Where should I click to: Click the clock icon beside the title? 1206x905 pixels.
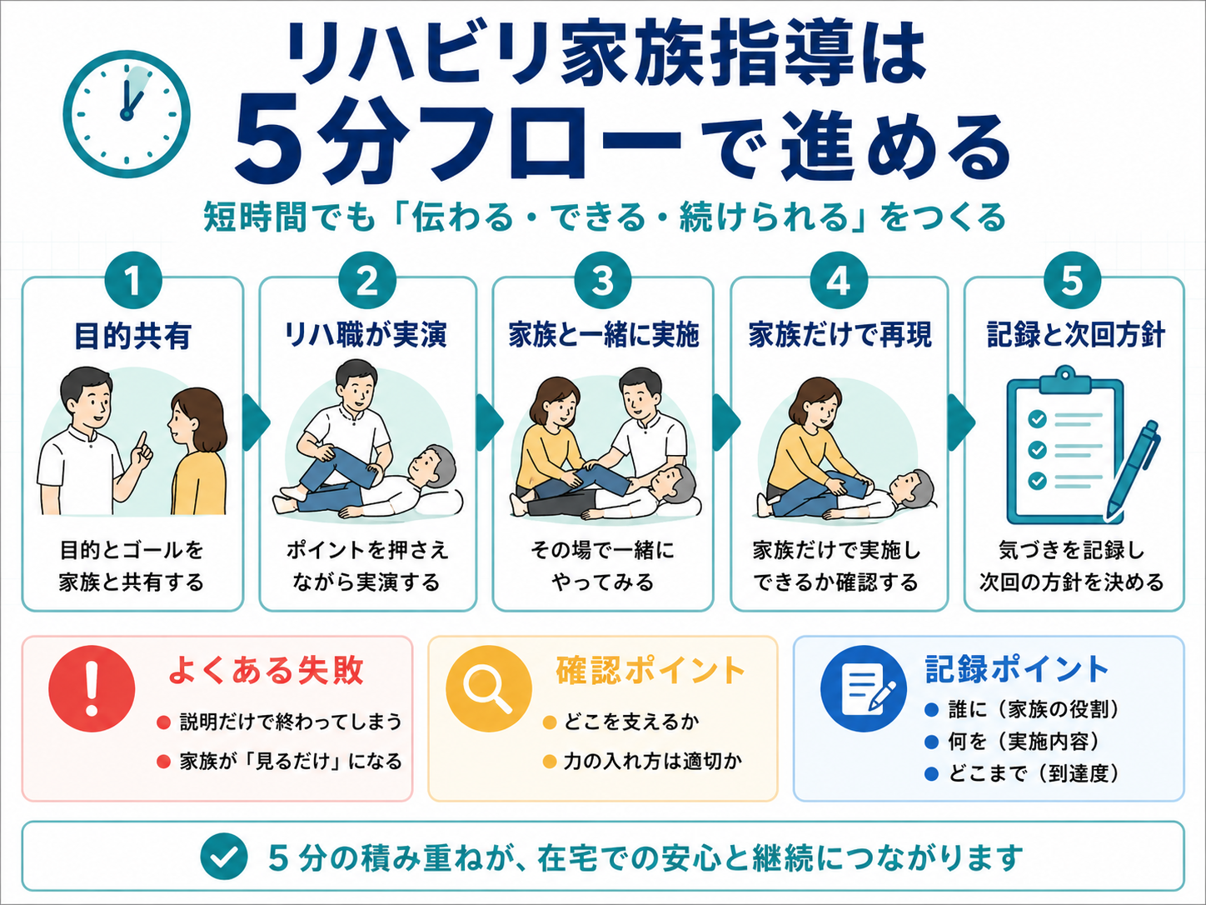pyautogui.click(x=127, y=115)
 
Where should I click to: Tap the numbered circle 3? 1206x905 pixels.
pyautogui.click(x=602, y=282)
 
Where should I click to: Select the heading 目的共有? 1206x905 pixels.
pyautogui.click(x=132, y=336)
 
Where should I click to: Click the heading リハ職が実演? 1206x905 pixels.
pyautogui.click(x=366, y=335)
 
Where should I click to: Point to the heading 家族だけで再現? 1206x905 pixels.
pyautogui.click(x=840, y=335)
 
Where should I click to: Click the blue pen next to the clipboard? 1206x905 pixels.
pyautogui.click(x=1134, y=470)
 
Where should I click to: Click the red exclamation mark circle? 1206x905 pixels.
pyautogui.click(x=92, y=688)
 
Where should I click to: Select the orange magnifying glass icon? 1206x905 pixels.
pyautogui.click(x=488, y=688)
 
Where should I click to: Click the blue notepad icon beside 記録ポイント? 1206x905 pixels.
pyautogui.click(x=863, y=688)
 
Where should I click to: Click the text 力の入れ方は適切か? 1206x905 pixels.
pyautogui.click(x=652, y=761)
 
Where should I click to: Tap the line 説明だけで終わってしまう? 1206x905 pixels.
pyautogui.click(x=291, y=722)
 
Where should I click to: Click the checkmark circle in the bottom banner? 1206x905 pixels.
pyautogui.click(x=224, y=857)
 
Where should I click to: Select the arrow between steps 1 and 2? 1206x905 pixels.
pyautogui.click(x=255, y=422)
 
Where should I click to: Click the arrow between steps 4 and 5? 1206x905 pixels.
pyautogui.click(x=960, y=422)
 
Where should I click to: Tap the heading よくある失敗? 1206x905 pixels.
pyautogui.click(x=267, y=670)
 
